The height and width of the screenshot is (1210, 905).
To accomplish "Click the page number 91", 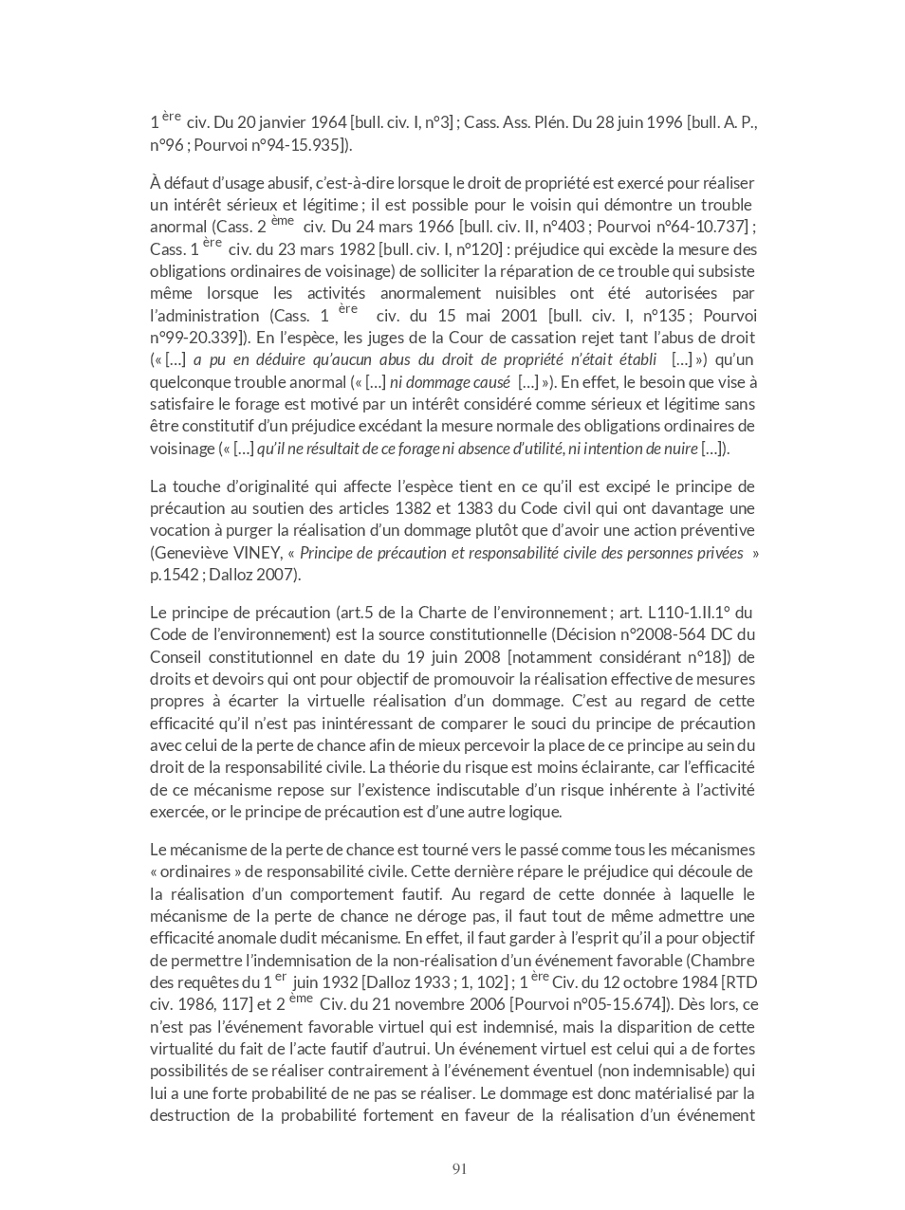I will [x=459, y=1169].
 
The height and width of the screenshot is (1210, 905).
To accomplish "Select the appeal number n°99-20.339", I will [x=196, y=338].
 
